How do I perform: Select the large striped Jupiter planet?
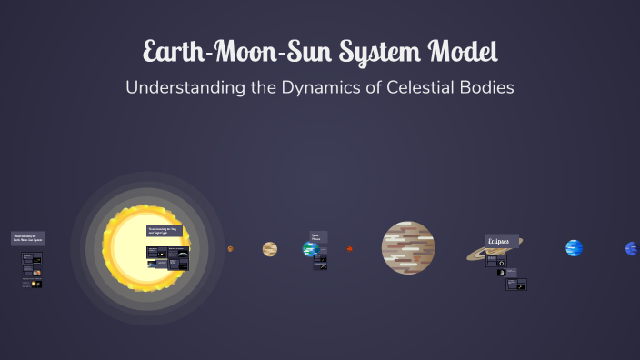coord(408,247)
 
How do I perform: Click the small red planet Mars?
coord(350,248)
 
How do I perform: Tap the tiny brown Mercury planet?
coord(230,248)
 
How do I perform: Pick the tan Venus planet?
coord(270,248)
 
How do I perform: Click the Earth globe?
coord(309,248)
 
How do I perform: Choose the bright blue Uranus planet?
coord(574,248)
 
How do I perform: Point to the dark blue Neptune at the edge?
coord(631,248)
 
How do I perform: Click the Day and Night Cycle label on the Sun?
coord(165,231)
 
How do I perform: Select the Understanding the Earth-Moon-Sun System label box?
coord(27,238)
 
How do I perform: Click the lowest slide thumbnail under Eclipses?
coord(516,284)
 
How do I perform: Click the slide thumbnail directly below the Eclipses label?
coord(496,261)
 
